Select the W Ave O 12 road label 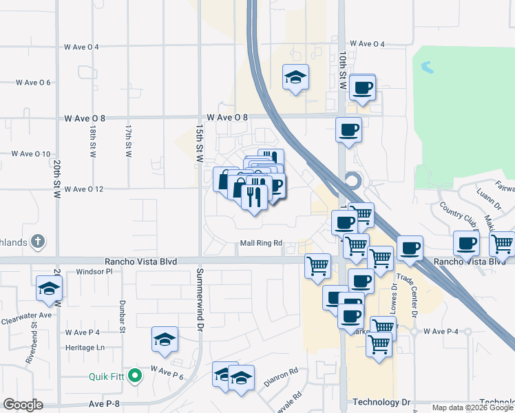pos(83,189)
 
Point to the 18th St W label pos(92,141)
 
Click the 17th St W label pos(128,141)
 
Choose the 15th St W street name pos(198,143)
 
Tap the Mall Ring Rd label pos(262,243)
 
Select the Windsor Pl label pos(94,272)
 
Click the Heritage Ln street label pos(85,348)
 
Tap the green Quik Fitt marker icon pos(135,376)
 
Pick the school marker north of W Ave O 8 pos(295,77)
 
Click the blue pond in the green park pos(426,67)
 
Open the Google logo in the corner pos(23,405)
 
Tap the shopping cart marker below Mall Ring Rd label pos(317,264)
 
